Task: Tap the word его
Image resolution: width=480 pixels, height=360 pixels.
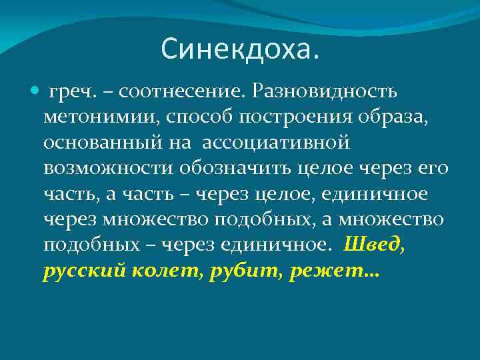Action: coord(433,168)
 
